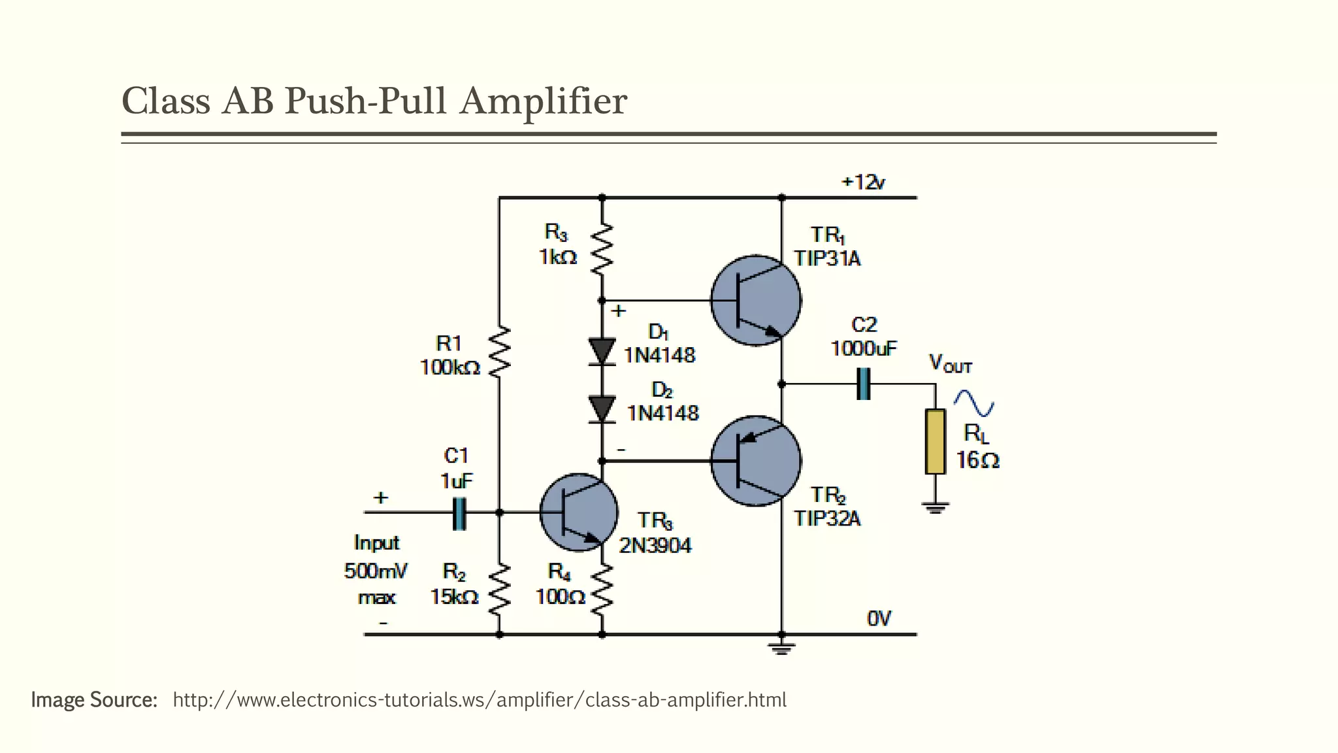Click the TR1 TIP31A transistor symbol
pos(755,300)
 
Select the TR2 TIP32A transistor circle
pos(755,460)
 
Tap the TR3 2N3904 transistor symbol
pos(579,512)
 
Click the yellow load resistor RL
pos(936,441)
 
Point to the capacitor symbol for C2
pos(863,384)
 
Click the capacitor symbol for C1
pos(459,513)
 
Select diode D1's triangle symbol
pos(602,351)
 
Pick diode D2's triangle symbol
pos(602,409)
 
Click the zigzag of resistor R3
pos(602,248)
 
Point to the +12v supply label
pos(863,182)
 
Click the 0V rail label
pos(878,618)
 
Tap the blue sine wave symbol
pos(973,403)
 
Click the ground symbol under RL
pos(936,507)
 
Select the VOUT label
pos(950,364)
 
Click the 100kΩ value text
pos(449,368)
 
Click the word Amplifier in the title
pos(543,102)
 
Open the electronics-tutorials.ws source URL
pos(479,700)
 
